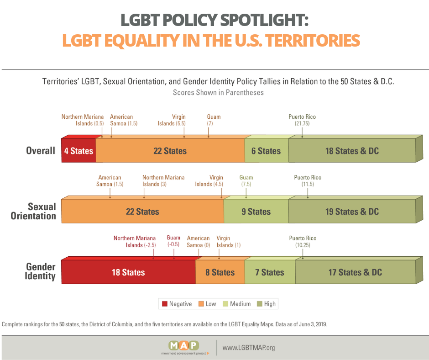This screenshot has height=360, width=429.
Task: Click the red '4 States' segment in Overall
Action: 78,151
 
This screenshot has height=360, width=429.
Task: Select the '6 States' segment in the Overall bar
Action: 266,151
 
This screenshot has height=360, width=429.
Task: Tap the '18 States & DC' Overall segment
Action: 352,151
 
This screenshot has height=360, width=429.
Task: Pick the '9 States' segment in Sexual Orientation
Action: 256,212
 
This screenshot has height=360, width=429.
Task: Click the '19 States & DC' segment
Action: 352,212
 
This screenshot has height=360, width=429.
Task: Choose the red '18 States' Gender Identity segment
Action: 128,272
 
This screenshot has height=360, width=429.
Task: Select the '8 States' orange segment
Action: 220,272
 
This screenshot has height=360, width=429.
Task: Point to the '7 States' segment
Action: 270,272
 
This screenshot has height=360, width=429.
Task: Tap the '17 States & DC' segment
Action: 356,272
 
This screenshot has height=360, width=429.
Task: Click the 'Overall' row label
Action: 40,151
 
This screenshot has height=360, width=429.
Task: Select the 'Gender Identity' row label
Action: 41,271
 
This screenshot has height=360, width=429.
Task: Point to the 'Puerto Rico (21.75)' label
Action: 302,120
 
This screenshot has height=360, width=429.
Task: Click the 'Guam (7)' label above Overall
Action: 214,120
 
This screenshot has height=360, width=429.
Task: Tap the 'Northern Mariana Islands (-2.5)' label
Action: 135,242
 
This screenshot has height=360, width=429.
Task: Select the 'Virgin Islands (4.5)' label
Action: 209,181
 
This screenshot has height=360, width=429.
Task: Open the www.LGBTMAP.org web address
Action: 249,348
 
